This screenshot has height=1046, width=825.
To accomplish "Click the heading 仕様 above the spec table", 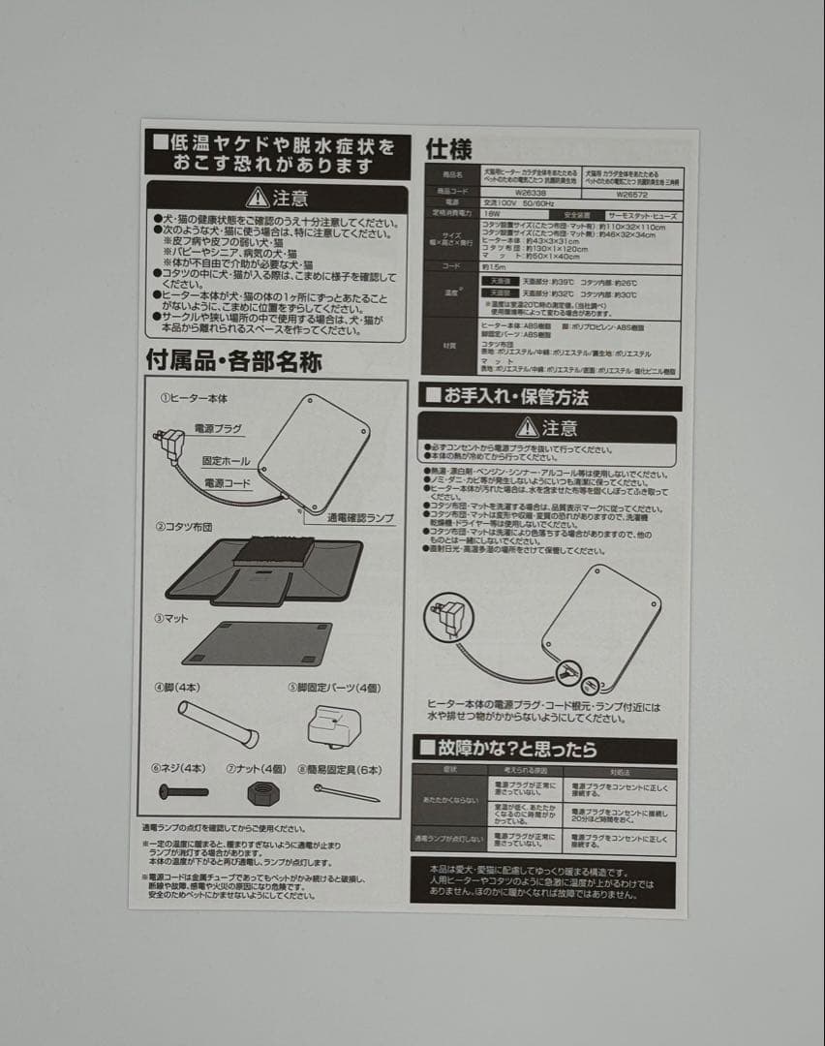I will [449, 149].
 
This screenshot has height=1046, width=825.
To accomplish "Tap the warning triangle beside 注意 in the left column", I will [258, 198].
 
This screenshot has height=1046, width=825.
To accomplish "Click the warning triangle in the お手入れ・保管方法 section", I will [527, 427].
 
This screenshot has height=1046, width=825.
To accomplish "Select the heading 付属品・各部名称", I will [233, 362].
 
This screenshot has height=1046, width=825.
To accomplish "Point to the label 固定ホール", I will [226, 461].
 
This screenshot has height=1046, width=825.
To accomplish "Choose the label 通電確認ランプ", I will [361, 519].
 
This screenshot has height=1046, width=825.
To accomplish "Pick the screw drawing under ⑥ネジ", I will [183, 791].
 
